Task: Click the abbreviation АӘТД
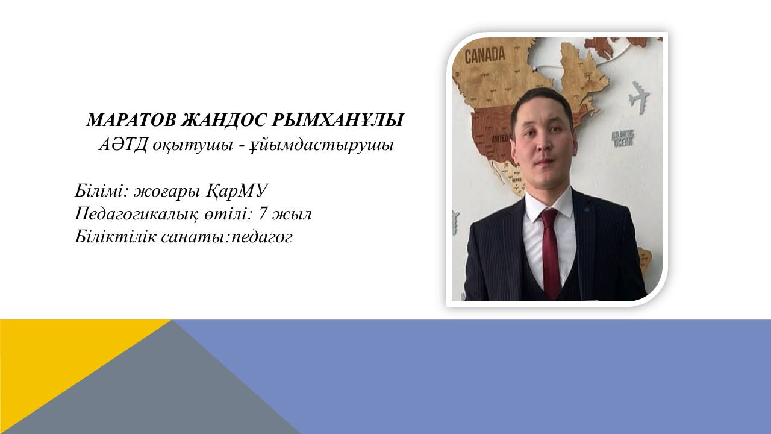[122, 145]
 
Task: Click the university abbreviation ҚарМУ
[237, 190]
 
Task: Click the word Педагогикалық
[137, 214]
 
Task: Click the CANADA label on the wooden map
[485, 55]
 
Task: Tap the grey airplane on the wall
[639, 97]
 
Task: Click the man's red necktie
[551, 253]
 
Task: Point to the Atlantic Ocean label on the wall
[623, 139]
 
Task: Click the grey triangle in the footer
[165, 389]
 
